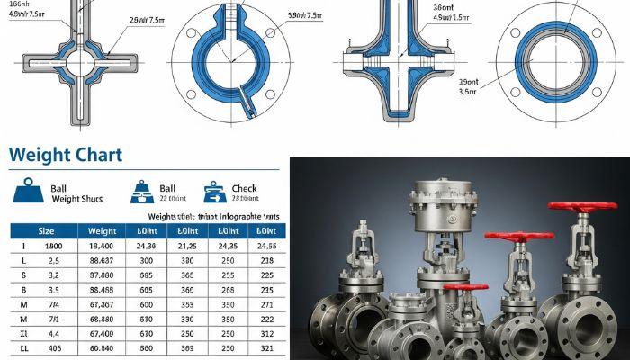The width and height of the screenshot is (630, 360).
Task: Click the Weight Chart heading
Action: click(65, 154)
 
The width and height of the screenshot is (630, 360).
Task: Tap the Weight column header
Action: click(103, 231)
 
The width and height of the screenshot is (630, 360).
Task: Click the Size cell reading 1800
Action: click(53, 245)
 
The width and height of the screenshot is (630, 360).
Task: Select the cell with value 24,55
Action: click(266, 245)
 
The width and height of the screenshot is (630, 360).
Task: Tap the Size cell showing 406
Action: click(53, 348)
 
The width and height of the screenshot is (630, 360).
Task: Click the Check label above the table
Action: click(244, 187)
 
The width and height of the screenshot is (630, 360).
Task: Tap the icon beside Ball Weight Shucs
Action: click(31, 193)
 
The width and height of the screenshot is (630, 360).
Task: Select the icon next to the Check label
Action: click(215, 192)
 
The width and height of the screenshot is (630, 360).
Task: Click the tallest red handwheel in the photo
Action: click(585, 207)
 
